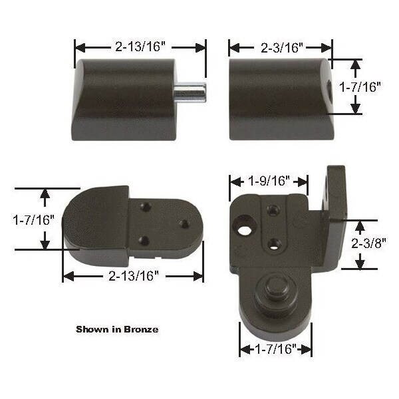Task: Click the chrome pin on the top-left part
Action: click(x=190, y=92)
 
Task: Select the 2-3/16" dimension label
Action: click(x=282, y=48)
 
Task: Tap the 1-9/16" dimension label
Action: click(x=269, y=181)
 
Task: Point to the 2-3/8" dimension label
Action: click(x=368, y=243)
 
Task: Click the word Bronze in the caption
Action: click(x=141, y=329)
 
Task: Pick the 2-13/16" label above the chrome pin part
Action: click(x=140, y=47)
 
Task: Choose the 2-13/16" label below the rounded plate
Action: click(x=134, y=276)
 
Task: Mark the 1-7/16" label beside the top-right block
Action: click(x=360, y=86)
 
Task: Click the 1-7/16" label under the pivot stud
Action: click(x=275, y=348)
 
